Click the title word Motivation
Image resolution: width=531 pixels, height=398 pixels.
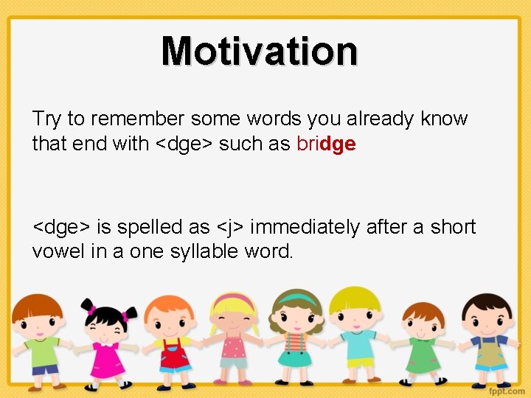(260, 51)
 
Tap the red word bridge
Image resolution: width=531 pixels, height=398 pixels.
(326, 144)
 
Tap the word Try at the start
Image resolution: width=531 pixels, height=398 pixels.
(46, 119)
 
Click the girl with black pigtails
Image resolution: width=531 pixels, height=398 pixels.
(108, 339)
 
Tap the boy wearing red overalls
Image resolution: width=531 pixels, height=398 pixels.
(172, 339)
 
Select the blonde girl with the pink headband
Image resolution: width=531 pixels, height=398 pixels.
(233, 335)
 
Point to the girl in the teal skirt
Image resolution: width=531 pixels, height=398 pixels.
(295, 335)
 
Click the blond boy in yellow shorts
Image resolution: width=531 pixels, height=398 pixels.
(358, 335)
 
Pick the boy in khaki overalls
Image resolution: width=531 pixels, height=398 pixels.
(488, 339)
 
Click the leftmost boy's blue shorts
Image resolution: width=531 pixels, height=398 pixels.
(44, 369)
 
